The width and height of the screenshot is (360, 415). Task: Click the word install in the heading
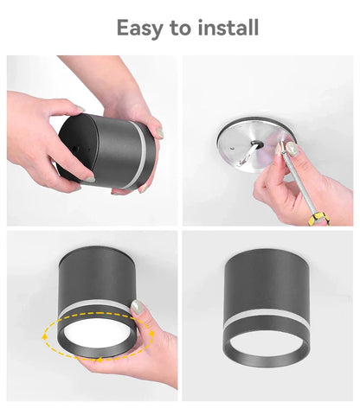225,28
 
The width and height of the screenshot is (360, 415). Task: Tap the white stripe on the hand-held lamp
138,155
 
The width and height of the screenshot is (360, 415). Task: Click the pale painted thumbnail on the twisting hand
138,307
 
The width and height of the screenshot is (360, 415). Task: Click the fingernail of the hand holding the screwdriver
293,150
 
